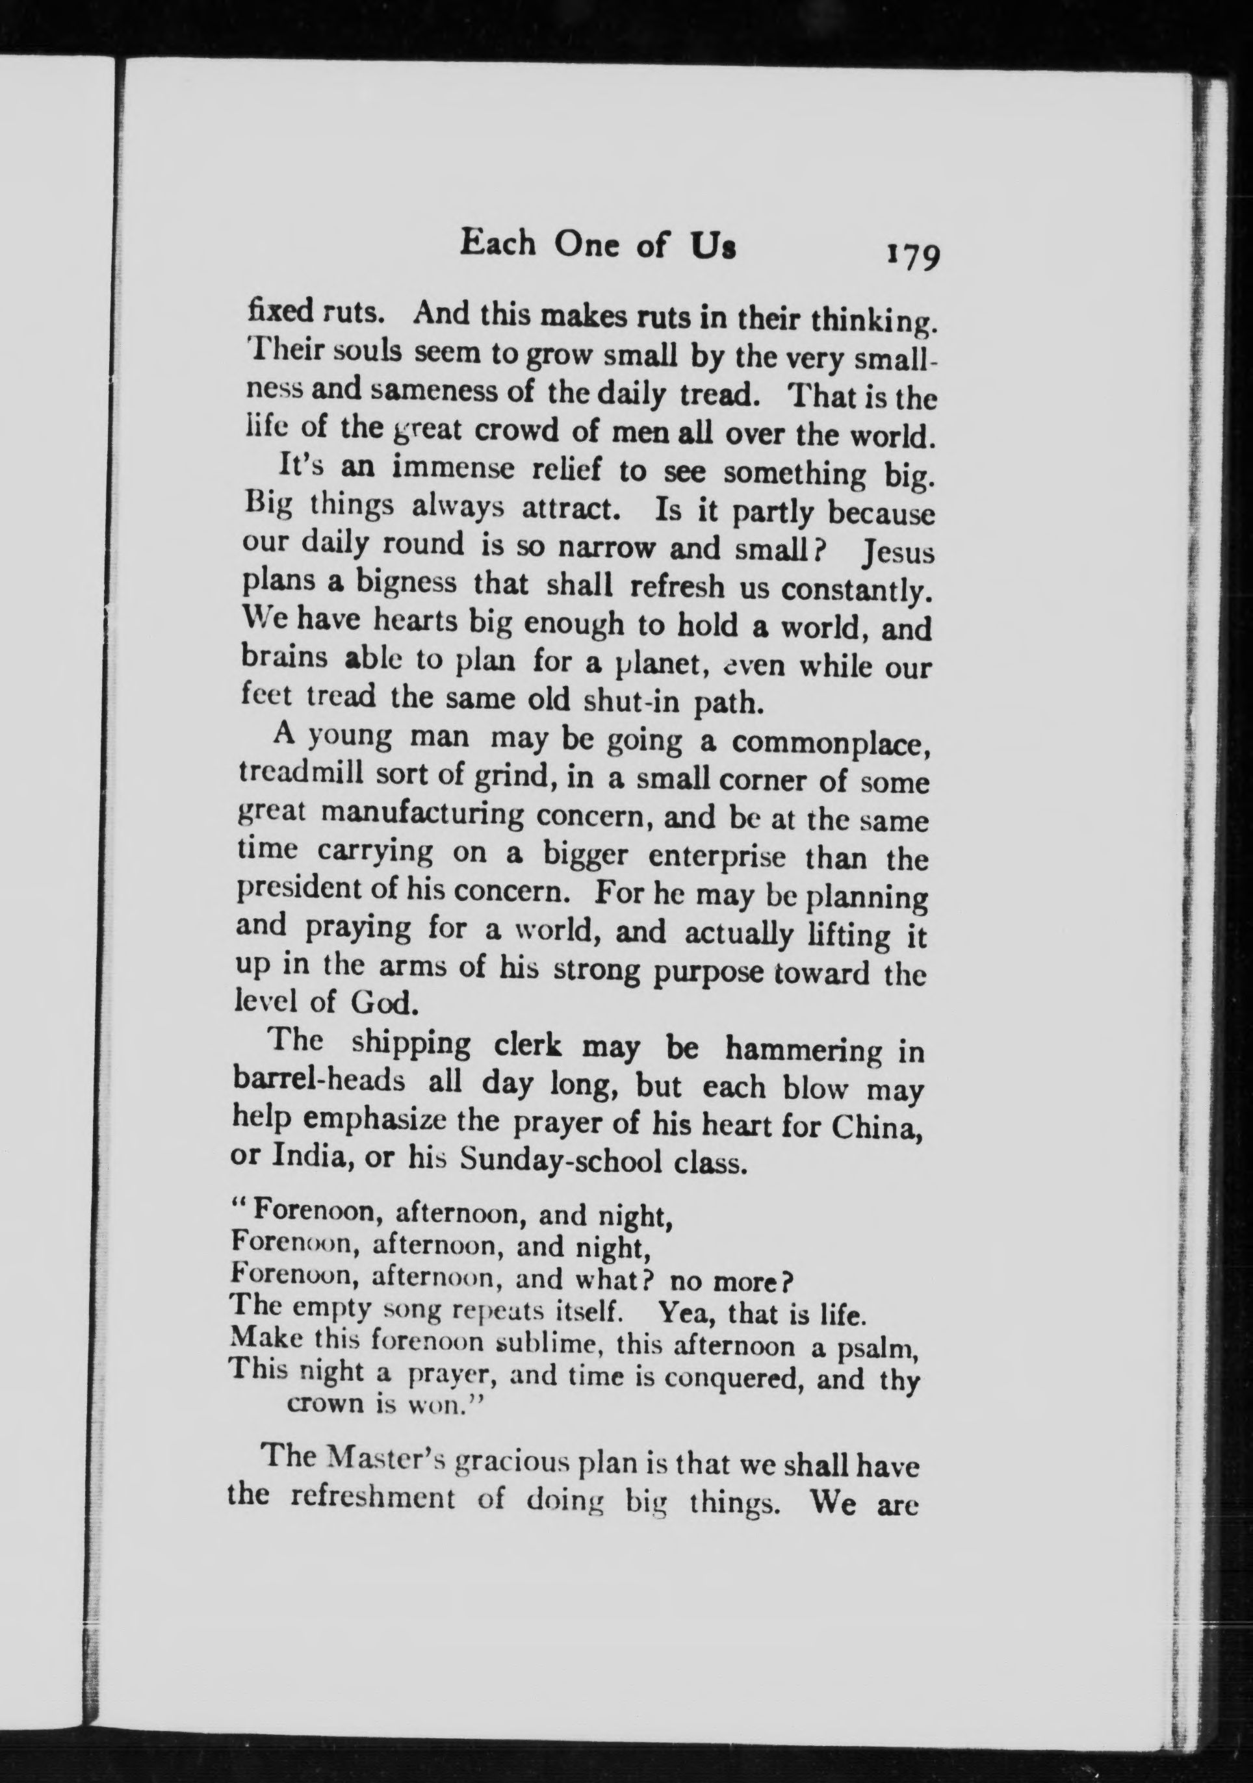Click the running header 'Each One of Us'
pos(597,245)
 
